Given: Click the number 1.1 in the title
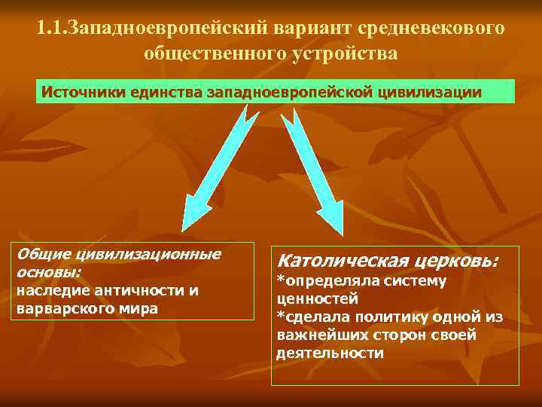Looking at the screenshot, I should click(x=50, y=28).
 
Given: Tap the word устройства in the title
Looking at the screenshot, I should click(x=346, y=54).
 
